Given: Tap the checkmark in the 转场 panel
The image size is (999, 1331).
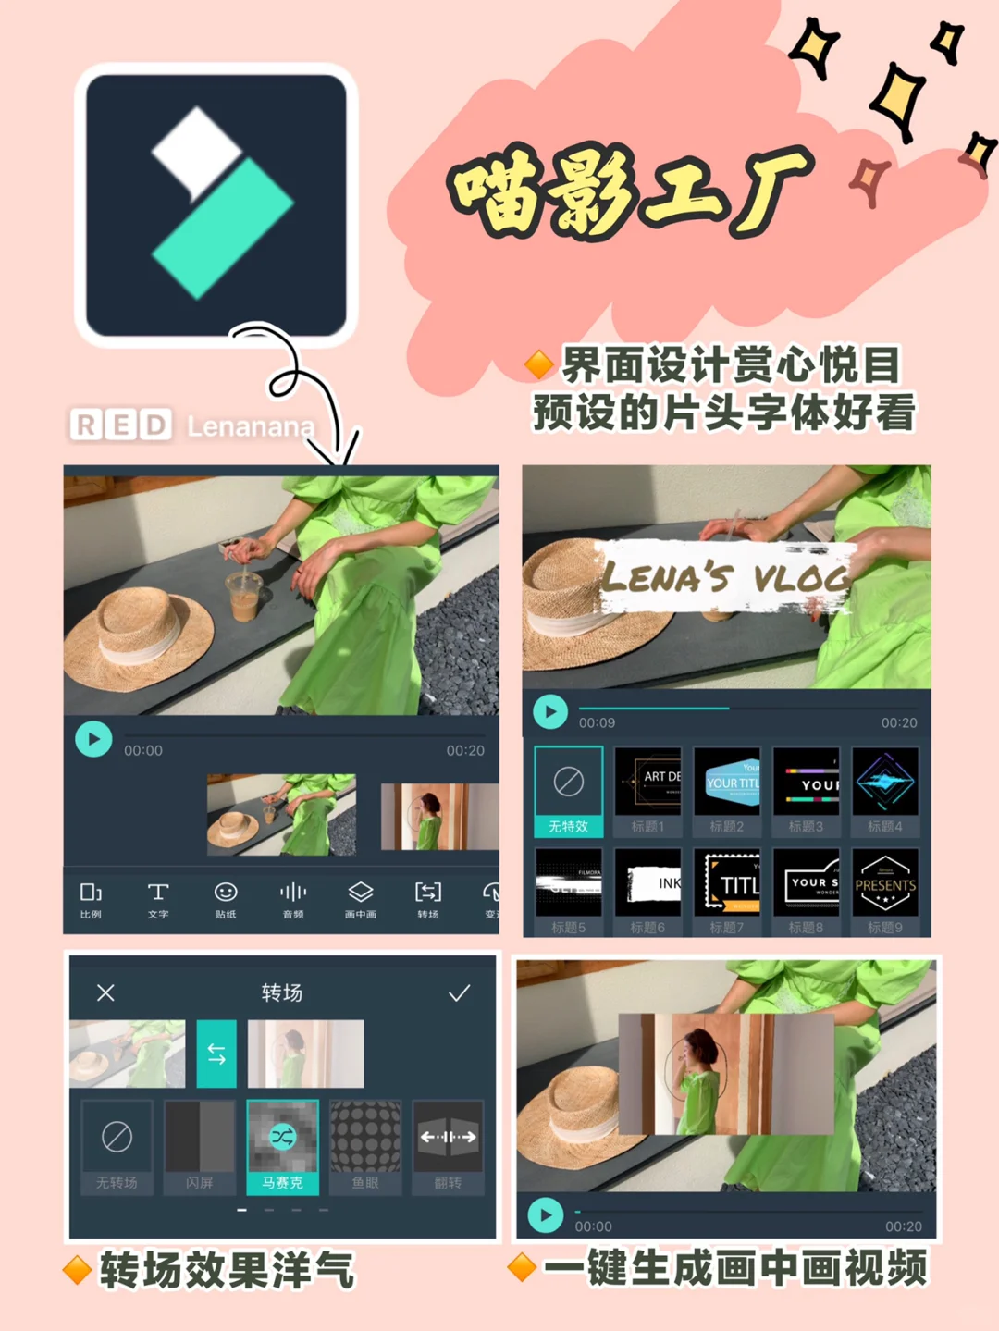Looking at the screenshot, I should point(459,993).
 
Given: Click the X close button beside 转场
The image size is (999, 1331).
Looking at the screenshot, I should point(106,993).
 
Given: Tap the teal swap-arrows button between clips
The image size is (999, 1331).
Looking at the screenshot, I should point(216,1054).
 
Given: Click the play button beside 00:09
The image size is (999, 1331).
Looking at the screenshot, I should point(550,711).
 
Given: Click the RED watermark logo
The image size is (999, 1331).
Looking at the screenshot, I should point(121,425).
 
